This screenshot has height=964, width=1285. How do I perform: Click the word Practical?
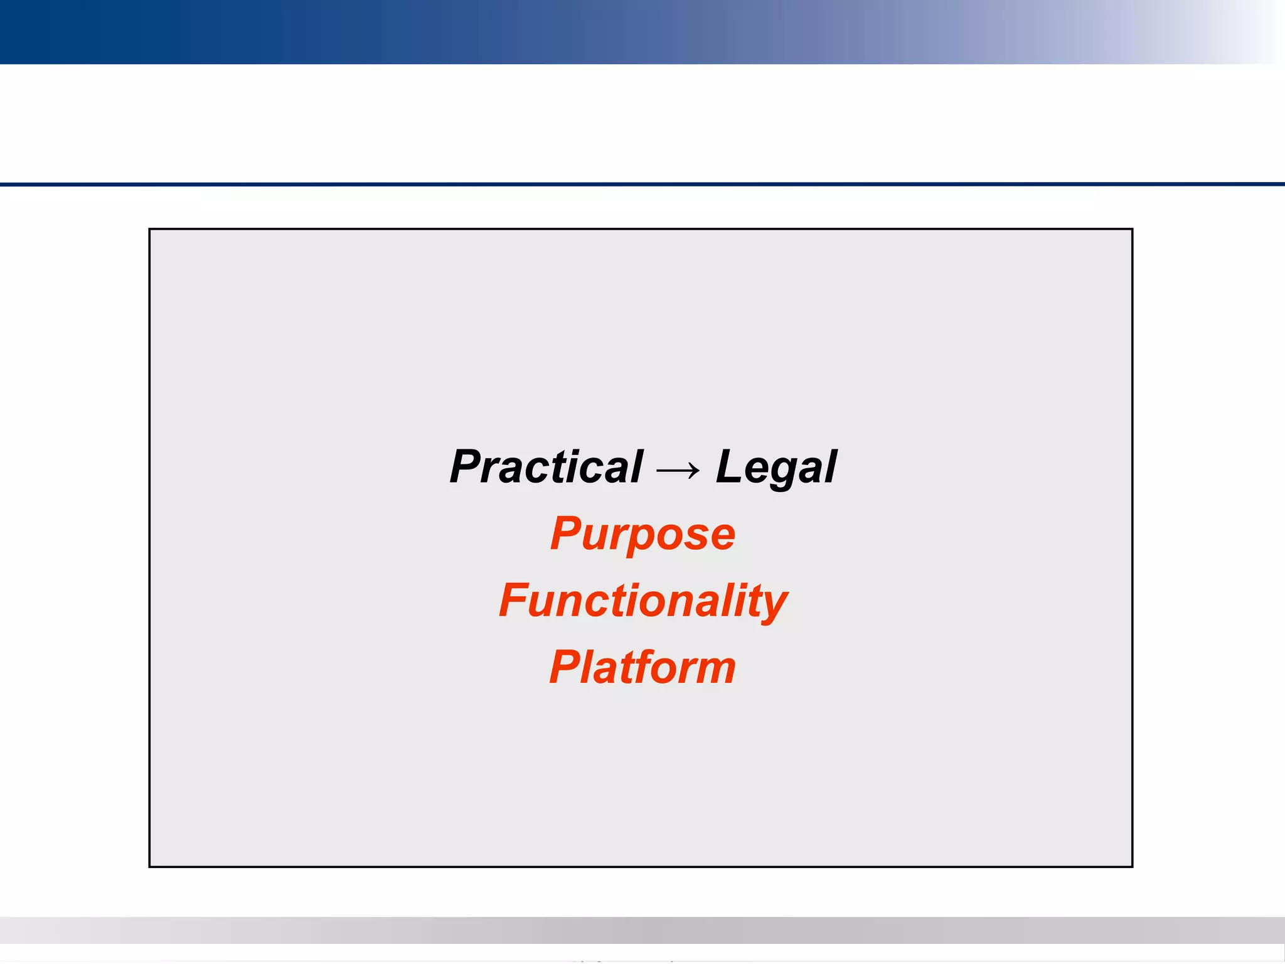point(546,468)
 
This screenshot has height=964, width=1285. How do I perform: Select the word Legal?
point(776,468)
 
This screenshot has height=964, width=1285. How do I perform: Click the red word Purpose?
point(642,535)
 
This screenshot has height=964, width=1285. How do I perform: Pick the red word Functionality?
point(642,601)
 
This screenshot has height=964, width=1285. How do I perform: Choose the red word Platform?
point(642,667)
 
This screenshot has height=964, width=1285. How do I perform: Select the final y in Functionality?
point(773,606)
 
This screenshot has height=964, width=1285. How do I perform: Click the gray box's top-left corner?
point(150,230)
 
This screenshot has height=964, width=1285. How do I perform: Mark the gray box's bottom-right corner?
point(1132,866)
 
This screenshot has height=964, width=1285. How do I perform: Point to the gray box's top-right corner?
point(1132,230)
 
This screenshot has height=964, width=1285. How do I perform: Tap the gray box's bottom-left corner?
point(150,866)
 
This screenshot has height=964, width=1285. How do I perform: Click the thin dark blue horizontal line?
point(642,185)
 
